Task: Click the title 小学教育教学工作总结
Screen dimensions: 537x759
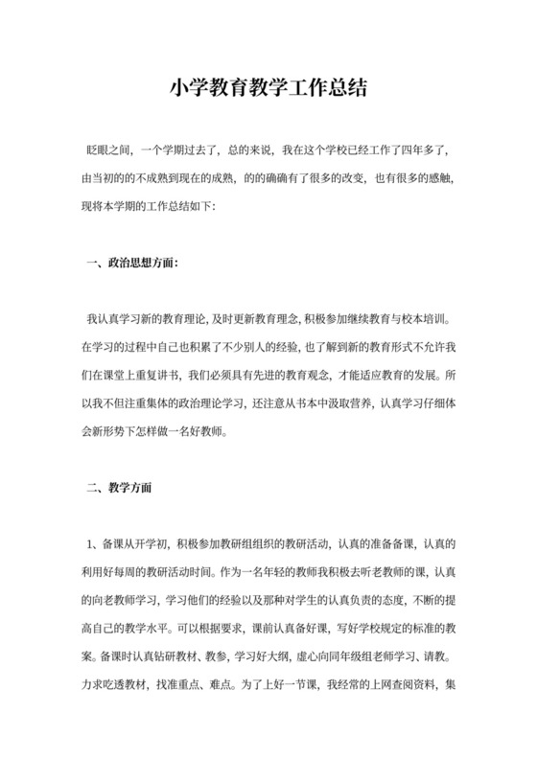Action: pyautogui.click(x=268, y=89)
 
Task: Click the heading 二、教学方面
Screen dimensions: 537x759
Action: pyautogui.click(x=118, y=487)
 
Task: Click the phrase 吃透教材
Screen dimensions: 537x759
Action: pyautogui.click(x=113, y=685)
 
